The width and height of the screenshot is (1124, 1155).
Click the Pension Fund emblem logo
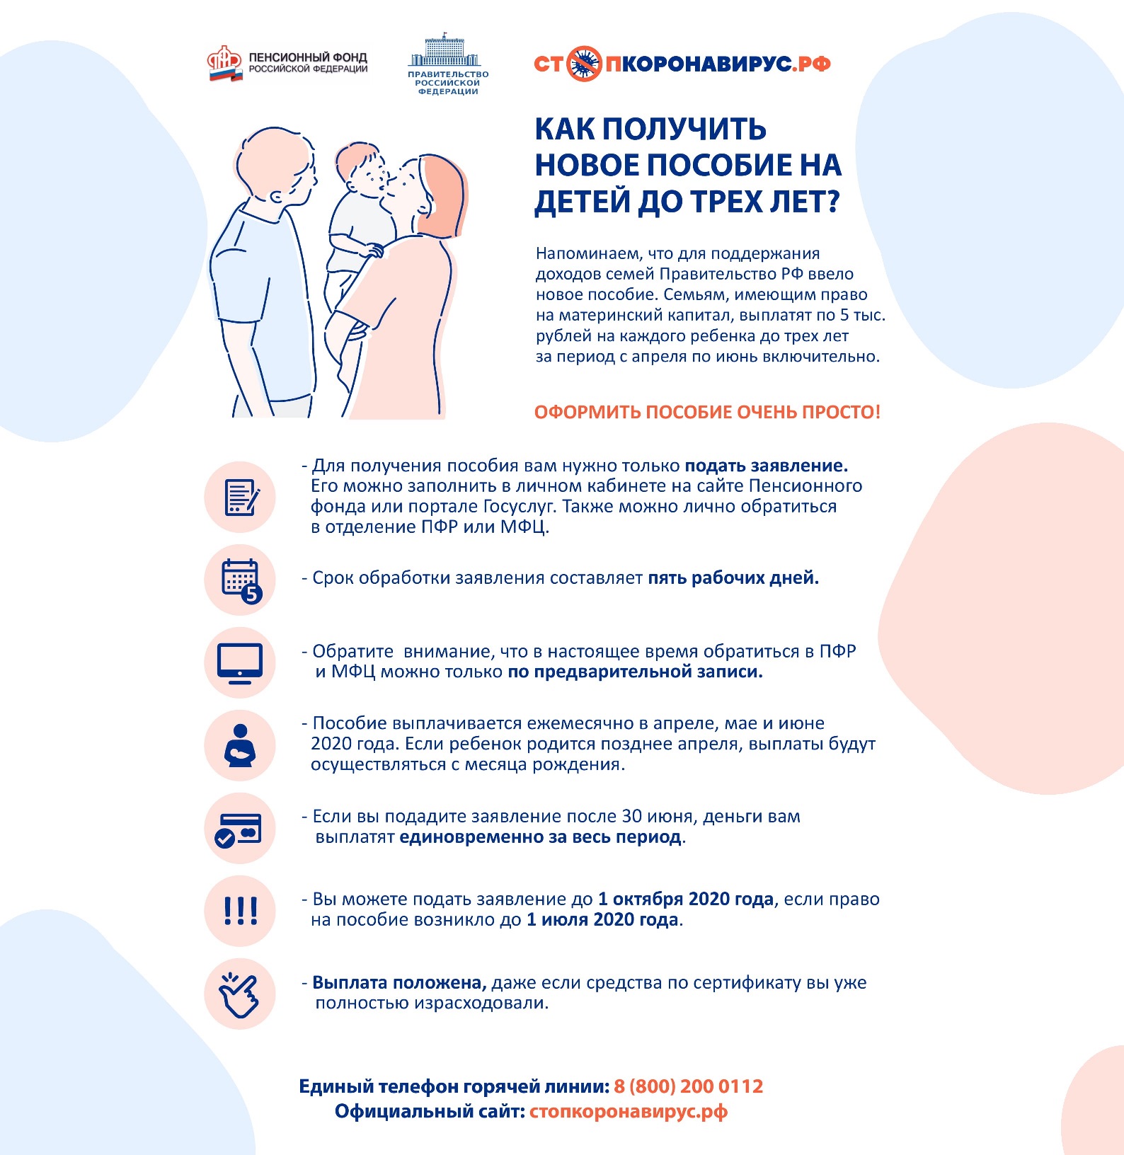tap(225, 64)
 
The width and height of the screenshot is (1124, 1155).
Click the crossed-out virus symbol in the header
tap(584, 64)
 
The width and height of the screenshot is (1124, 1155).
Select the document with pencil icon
tap(241, 498)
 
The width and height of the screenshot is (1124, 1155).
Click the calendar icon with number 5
tap(241, 580)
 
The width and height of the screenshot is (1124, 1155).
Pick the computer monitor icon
tap(240, 663)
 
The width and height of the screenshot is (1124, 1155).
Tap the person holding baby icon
tap(240, 746)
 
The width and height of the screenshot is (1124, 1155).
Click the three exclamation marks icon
tap(240, 911)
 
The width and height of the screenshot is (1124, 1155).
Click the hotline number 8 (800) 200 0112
tap(689, 1086)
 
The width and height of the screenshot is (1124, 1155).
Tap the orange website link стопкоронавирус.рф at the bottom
tap(629, 1111)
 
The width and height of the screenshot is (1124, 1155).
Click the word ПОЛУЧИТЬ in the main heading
tap(684, 129)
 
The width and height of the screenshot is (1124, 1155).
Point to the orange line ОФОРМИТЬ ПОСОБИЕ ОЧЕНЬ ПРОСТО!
tap(707, 412)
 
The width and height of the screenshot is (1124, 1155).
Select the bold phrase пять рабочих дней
tap(733, 578)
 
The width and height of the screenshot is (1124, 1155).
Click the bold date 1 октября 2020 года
tap(686, 900)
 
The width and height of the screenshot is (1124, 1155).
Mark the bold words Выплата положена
tap(399, 982)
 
